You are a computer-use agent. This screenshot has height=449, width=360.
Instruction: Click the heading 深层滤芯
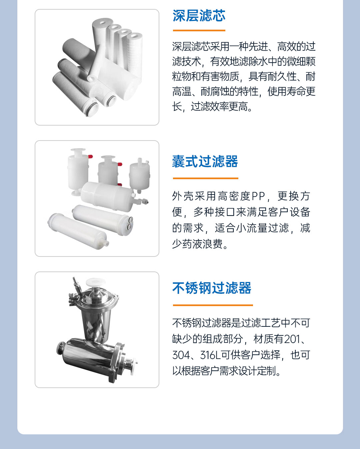click(x=199, y=16)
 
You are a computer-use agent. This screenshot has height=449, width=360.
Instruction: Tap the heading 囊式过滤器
click(x=205, y=162)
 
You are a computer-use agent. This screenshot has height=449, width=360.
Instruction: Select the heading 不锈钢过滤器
click(x=212, y=288)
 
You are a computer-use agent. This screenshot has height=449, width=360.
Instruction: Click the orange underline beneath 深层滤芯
click(x=199, y=31)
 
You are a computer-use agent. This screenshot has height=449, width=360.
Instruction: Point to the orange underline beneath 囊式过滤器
click(x=205, y=178)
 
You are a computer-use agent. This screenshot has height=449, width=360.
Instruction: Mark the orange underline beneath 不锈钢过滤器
click(x=212, y=305)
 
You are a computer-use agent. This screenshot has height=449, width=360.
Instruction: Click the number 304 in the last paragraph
click(x=181, y=355)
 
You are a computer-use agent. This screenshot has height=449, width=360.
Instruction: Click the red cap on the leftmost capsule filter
click(x=90, y=156)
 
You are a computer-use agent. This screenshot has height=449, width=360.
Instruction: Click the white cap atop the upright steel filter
click(x=95, y=282)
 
